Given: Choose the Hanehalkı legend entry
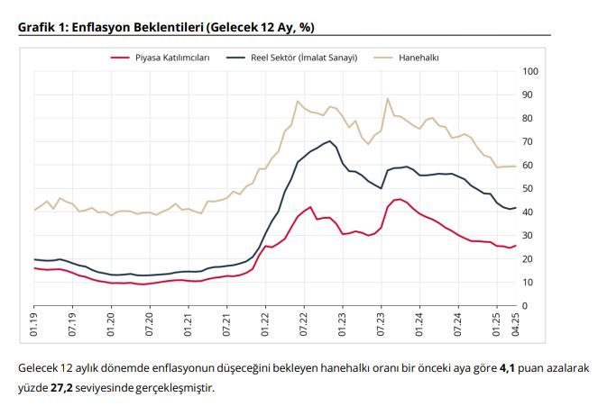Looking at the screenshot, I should point(418,58).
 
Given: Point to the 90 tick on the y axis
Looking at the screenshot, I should point(530,95).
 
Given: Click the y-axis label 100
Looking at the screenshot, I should point(530,71).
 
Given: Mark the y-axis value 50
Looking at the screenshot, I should point(530,189).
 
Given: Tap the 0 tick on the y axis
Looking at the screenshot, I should point(525,306).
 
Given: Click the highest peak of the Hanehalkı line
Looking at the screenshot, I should point(387,99).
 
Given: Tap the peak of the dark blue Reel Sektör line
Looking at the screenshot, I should point(330,141).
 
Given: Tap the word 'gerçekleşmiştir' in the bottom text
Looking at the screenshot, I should point(178,388).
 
